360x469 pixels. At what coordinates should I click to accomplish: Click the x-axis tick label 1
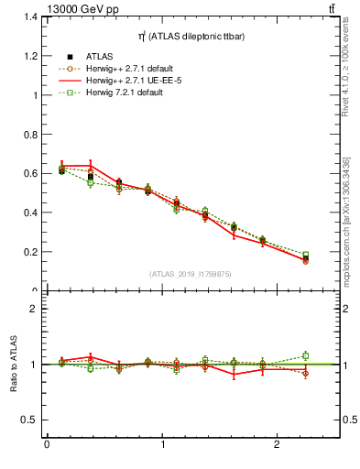pos(162,446)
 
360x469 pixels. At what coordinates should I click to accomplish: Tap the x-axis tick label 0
pos(47,446)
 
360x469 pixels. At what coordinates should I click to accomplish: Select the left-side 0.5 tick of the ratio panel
pos(29,420)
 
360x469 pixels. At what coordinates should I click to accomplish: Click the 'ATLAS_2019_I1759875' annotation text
pos(191,273)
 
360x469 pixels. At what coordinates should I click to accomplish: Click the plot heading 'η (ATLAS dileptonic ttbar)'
pos(190,36)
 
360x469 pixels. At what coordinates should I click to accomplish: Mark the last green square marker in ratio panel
pos(306,355)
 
